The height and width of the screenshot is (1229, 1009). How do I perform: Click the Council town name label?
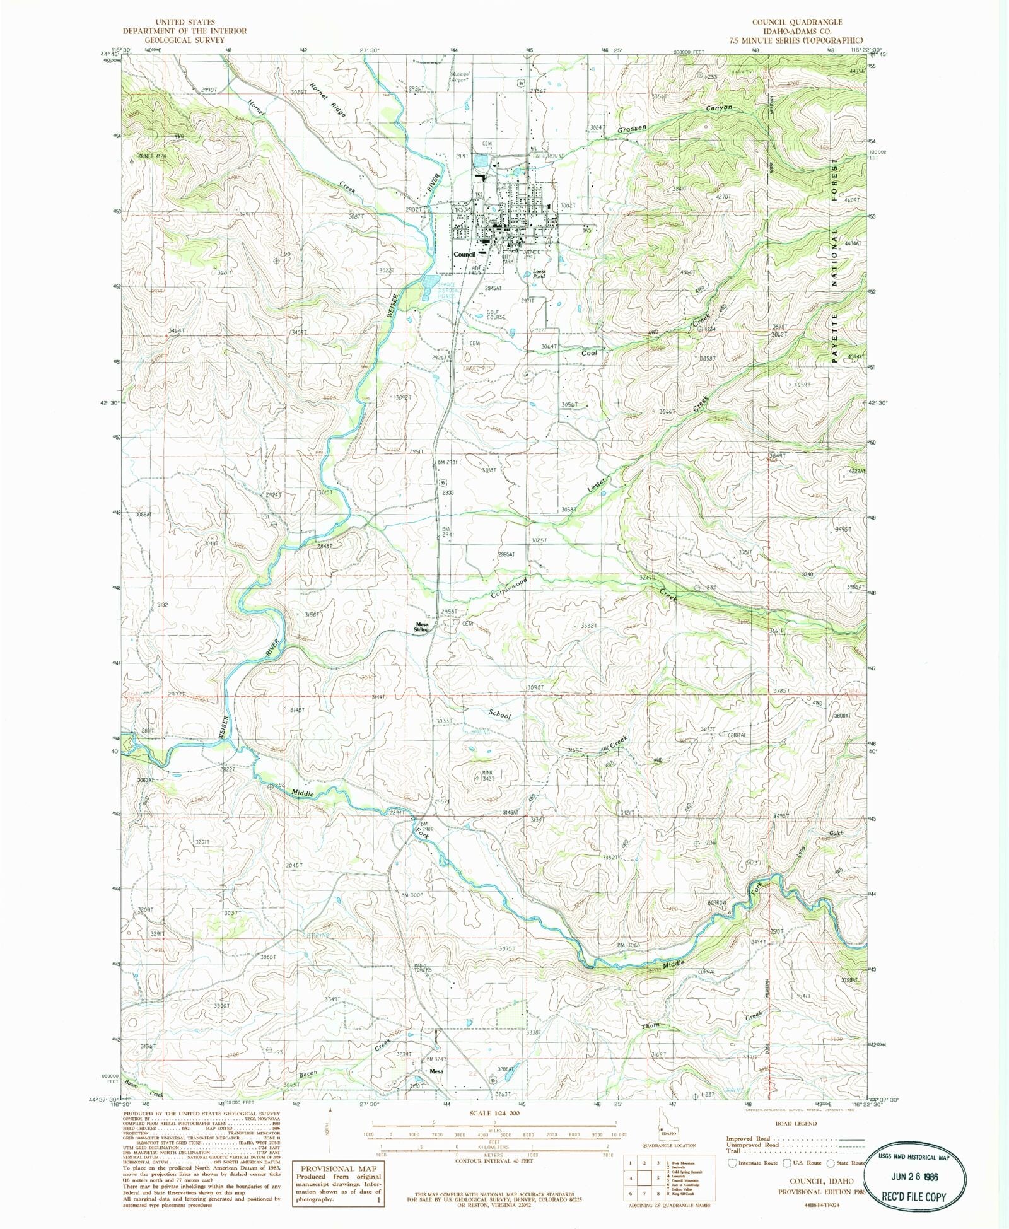tap(464, 254)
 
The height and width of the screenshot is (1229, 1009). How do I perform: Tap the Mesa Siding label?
tap(421, 627)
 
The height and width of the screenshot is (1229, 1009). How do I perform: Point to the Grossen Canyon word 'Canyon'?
tap(719, 108)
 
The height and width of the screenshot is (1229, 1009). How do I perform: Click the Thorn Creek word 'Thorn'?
tap(651, 1025)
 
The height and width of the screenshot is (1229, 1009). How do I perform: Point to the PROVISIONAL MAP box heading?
tap(339, 1168)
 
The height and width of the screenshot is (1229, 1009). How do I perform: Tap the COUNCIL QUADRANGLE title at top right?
tap(796, 22)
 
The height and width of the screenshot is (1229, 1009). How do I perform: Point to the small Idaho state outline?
tap(663, 1133)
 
